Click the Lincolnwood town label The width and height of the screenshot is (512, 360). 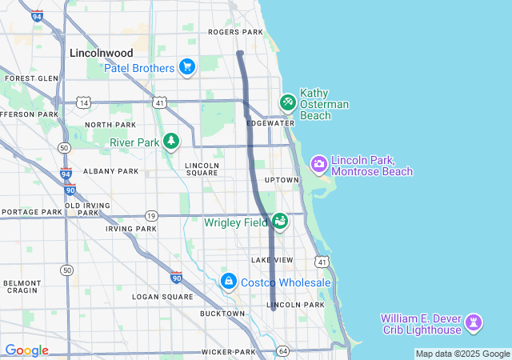point(101,53)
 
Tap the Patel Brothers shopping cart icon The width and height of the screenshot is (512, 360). point(187,67)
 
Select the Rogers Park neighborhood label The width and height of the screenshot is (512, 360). point(235,32)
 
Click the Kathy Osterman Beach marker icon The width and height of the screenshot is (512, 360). point(287,103)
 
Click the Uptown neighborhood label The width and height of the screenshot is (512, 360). point(281,180)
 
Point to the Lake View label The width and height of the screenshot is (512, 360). point(272,261)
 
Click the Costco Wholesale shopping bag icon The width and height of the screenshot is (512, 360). point(229,282)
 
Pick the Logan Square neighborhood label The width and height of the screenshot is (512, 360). point(163,297)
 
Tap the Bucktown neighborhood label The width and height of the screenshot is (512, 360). point(222,314)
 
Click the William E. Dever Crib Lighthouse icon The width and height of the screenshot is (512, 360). point(475,322)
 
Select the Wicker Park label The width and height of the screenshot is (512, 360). point(228,352)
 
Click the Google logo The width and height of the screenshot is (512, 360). point(26,350)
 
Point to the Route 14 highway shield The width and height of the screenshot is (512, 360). point(83,102)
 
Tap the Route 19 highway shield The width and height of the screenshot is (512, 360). point(151,216)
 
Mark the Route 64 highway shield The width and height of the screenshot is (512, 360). point(282,351)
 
